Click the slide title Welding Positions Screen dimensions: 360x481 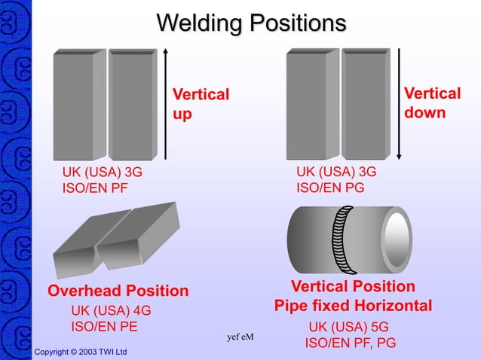point(251,23)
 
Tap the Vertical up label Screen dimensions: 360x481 point(201,104)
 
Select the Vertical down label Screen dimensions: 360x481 point(432,102)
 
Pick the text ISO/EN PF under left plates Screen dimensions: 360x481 point(95,188)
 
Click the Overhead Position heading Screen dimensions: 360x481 point(118,291)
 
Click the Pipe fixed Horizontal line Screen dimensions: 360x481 point(353,306)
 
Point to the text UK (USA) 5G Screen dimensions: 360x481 point(348,328)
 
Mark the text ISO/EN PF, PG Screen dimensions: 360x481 point(350,343)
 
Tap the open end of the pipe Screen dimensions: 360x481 point(396,239)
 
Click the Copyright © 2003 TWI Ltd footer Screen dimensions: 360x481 point(81,352)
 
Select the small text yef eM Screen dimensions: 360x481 point(240,337)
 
